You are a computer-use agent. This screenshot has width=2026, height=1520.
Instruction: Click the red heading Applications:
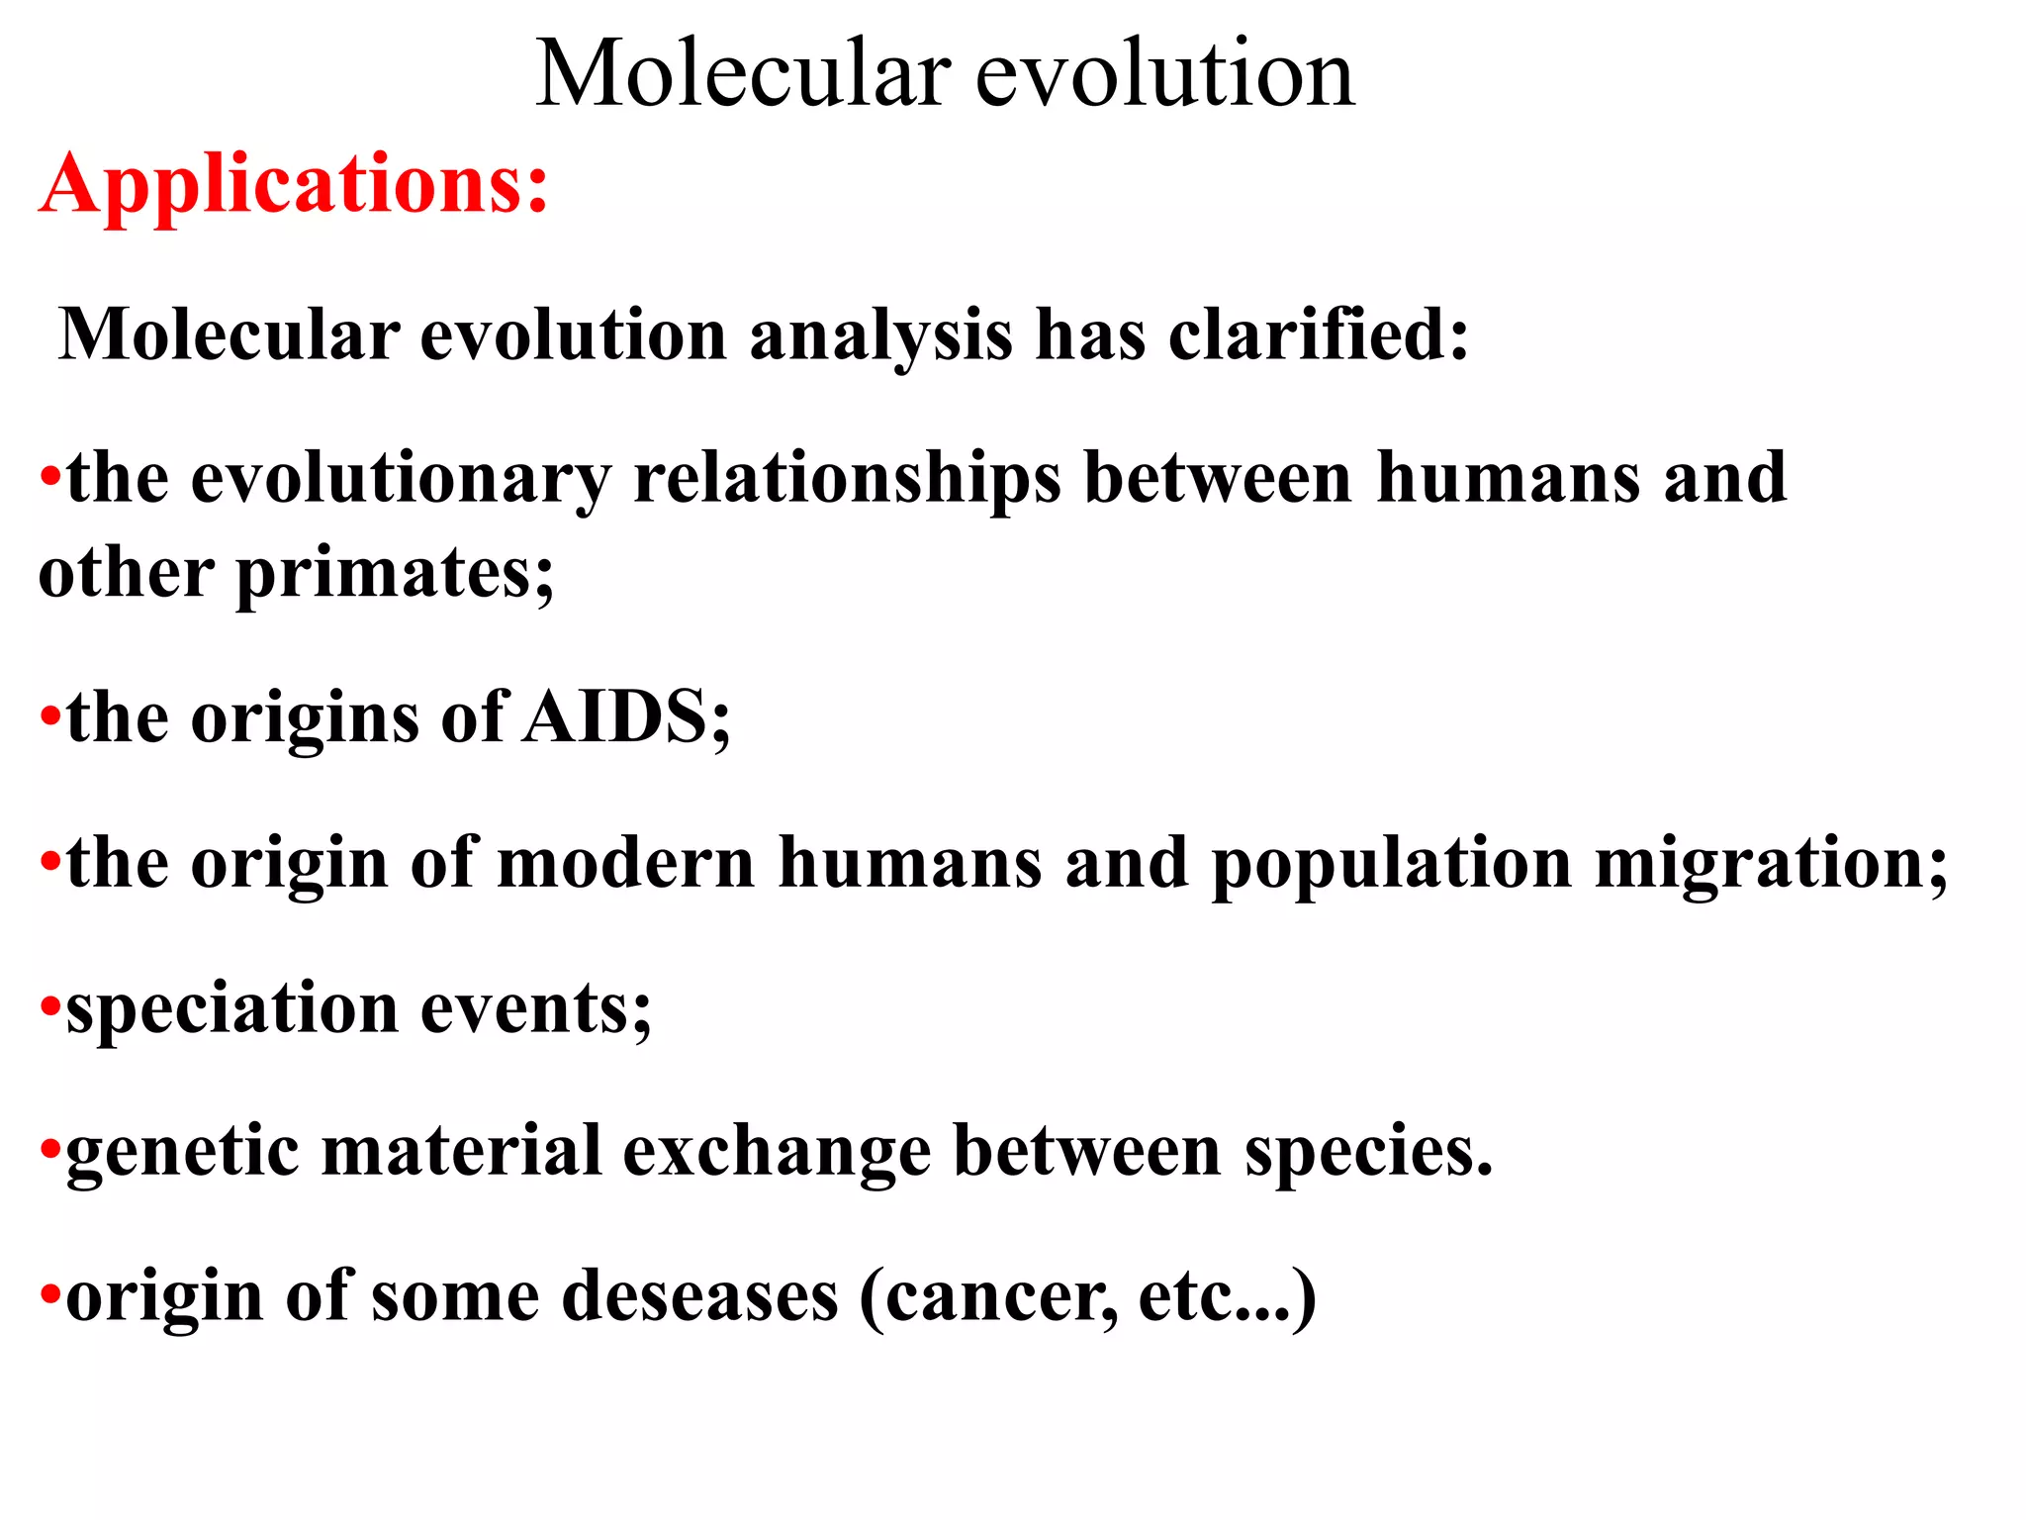pos(294,184)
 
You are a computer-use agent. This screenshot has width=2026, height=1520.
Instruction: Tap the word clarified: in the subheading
pos(1318,334)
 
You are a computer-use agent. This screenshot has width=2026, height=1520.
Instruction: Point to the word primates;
pos(395,575)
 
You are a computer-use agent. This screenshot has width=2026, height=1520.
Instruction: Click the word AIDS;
pos(627,716)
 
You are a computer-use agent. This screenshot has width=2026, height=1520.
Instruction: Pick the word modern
pos(625,863)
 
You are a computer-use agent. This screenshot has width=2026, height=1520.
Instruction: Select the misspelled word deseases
pos(699,1295)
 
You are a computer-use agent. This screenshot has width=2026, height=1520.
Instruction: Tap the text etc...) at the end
pos(1227,1297)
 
